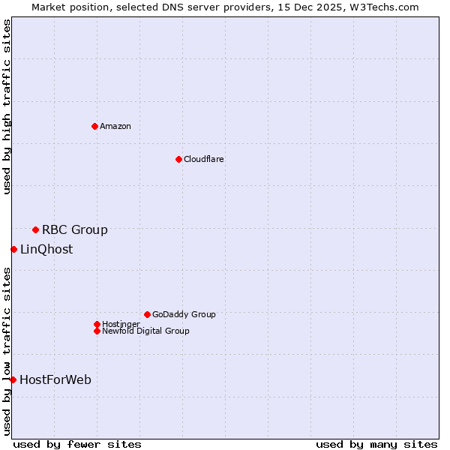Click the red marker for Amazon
pos(94,126)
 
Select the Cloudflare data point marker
pos(178,159)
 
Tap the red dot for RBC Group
pos(35,229)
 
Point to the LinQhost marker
pos(13,249)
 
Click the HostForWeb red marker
pos(13,379)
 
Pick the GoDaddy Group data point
pos(147,314)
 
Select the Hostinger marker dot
pos(97,324)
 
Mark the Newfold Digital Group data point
pos(97,331)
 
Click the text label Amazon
pos(115,126)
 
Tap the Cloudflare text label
pos(204,159)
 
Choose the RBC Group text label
pos(75,229)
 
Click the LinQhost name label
pos(46,249)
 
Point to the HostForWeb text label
pos(55,379)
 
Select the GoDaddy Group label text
pos(184,314)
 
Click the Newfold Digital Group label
pos(145,331)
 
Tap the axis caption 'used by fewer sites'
pos(77,444)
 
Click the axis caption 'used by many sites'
pos(376,444)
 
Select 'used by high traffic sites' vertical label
pos(7,106)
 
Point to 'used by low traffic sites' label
pos(7,350)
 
